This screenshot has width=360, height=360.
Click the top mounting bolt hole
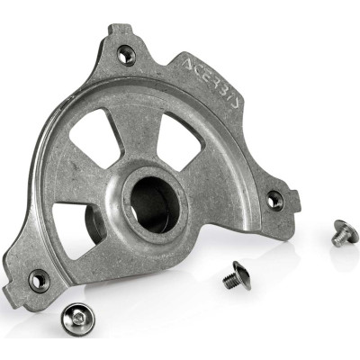127,55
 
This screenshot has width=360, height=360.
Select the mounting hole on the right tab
274,200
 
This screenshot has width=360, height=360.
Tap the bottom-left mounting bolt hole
39,281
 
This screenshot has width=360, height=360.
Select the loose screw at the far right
341,233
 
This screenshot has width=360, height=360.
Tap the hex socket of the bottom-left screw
73,316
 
